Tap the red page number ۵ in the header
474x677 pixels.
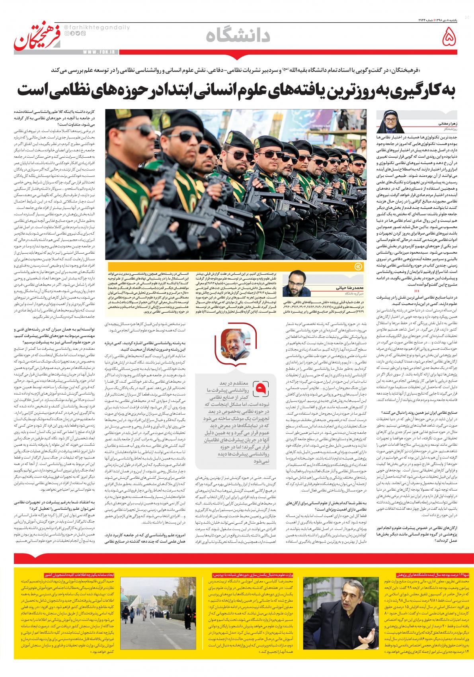pos(449,38)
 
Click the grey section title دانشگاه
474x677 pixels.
pos(238,36)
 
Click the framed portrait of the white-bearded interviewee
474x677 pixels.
pos(232,352)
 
